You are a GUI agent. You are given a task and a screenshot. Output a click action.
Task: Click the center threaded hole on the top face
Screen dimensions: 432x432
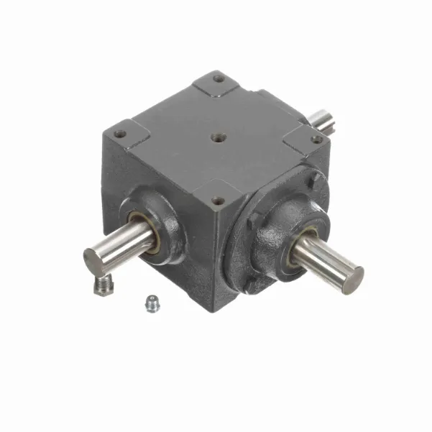coord(216,134)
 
